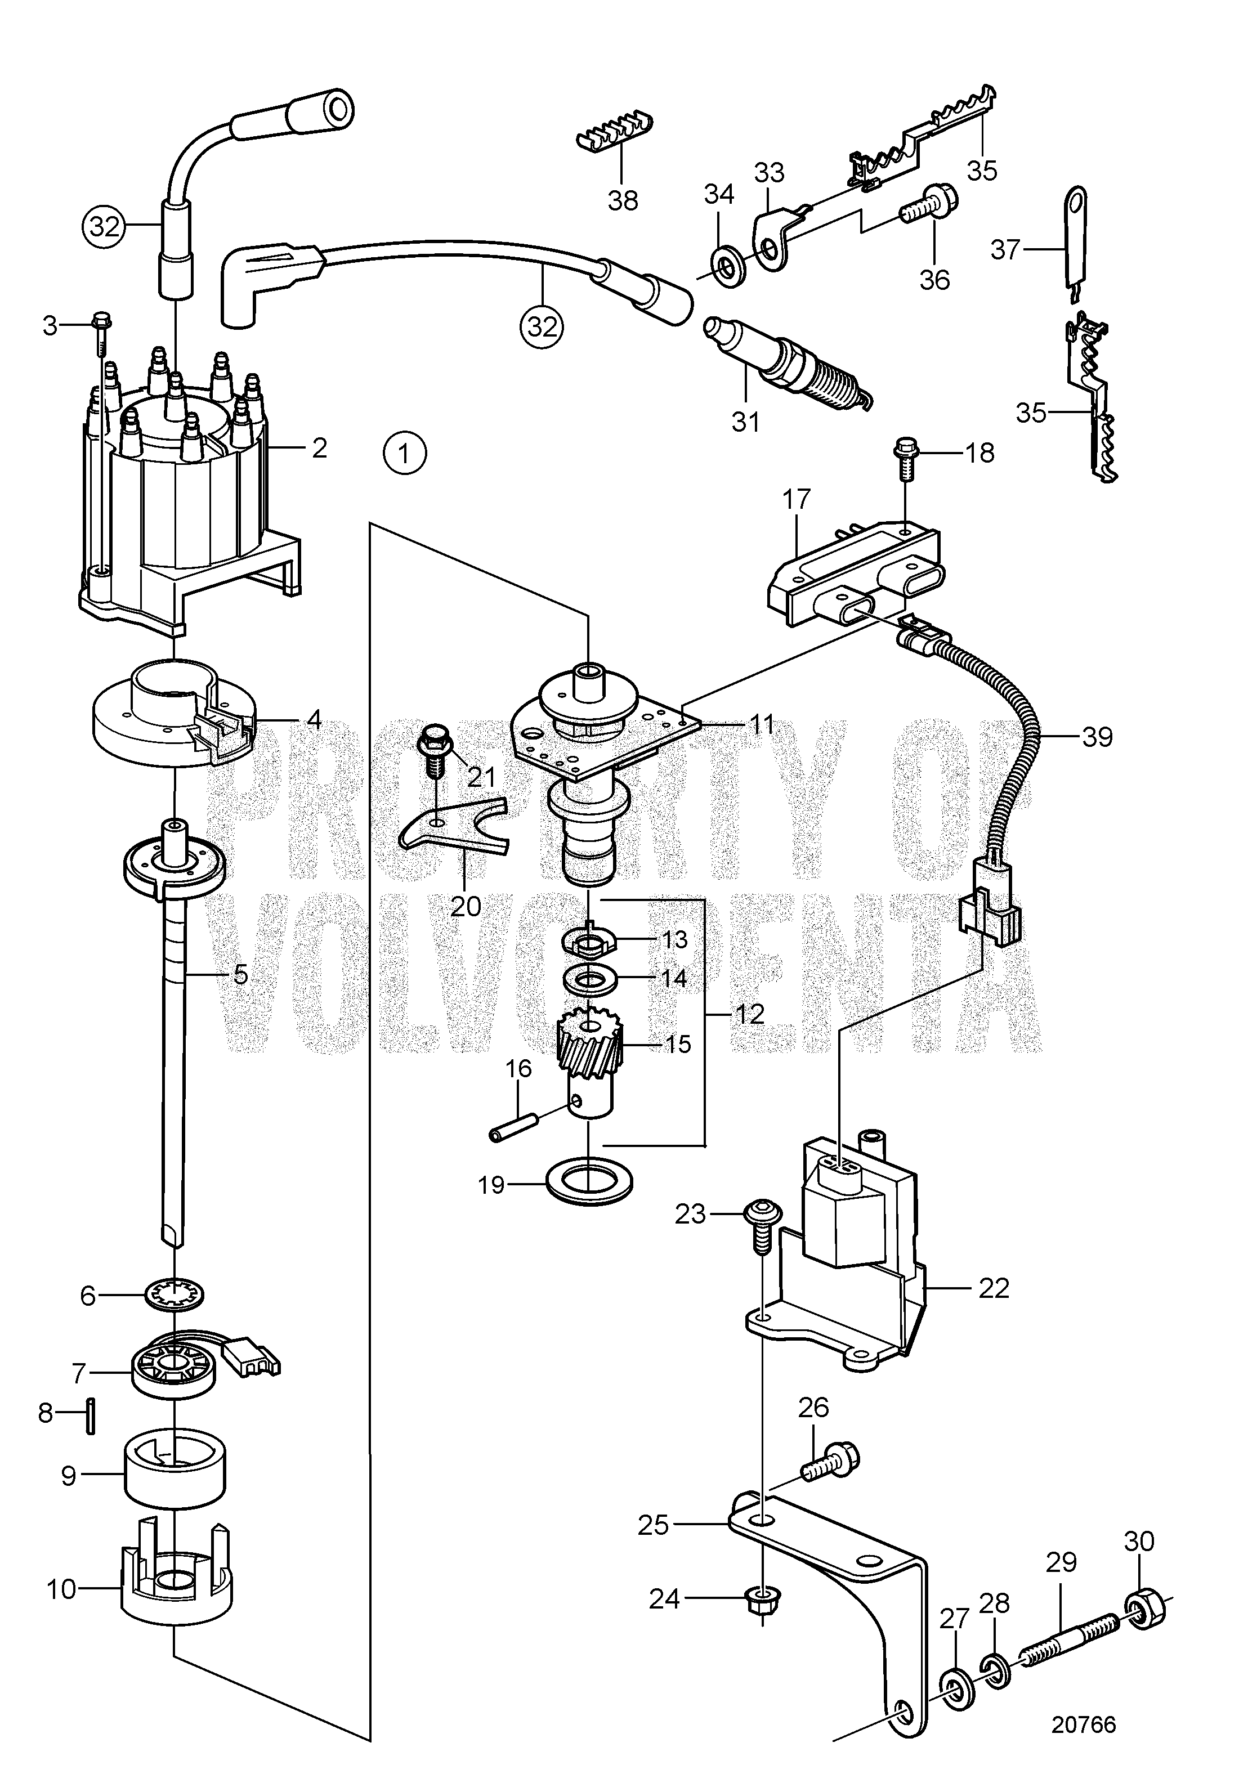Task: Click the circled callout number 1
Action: pyautogui.click(x=404, y=453)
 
